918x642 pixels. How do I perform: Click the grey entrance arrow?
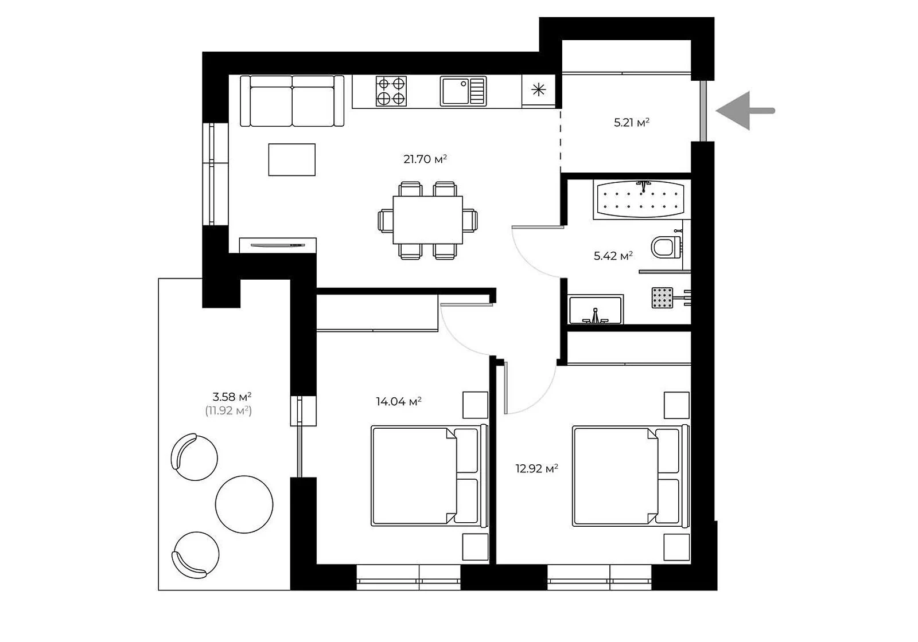click(x=745, y=111)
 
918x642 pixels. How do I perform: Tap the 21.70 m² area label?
click(x=425, y=159)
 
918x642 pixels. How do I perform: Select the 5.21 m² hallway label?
click(x=632, y=123)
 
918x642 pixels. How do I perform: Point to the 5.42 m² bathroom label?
click(x=613, y=256)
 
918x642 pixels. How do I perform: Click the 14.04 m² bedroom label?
click(x=399, y=401)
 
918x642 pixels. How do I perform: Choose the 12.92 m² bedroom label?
click(x=537, y=468)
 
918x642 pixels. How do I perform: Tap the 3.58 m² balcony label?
click(x=232, y=396)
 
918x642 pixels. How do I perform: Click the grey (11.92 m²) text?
click(x=228, y=410)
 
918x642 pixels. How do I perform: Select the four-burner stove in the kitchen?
click(x=391, y=91)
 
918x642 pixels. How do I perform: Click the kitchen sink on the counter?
click(x=463, y=91)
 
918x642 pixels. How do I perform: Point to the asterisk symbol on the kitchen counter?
click(x=539, y=89)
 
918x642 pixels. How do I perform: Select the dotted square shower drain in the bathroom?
click(x=662, y=297)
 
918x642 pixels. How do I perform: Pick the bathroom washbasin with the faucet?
click(x=596, y=310)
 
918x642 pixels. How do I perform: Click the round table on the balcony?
click(x=244, y=504)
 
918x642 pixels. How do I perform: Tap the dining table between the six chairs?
click(x=428, y=220)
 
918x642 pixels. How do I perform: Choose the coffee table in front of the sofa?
click(x=292, y=160)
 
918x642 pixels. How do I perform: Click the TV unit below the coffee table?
click(x=278, y=245)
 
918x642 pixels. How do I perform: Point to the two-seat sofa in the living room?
click(x=292, y=101)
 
